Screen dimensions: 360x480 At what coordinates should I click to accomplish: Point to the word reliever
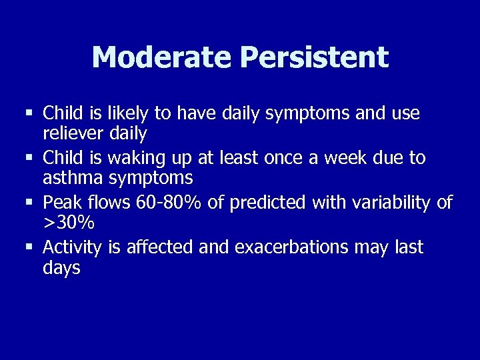click(x=73, y=134)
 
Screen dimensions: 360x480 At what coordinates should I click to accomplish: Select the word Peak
click(x=61, y=202)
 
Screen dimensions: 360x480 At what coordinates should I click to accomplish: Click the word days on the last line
click(x=61, y=268)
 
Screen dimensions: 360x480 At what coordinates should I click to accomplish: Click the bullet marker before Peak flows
click(x=29, y=201)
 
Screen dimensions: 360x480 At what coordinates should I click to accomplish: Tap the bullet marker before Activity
click(x=29, y=246)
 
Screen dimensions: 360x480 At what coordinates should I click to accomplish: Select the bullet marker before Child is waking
click(x=29, y=157)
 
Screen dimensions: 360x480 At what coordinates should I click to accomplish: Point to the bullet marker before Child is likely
click(x=29, y=112)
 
